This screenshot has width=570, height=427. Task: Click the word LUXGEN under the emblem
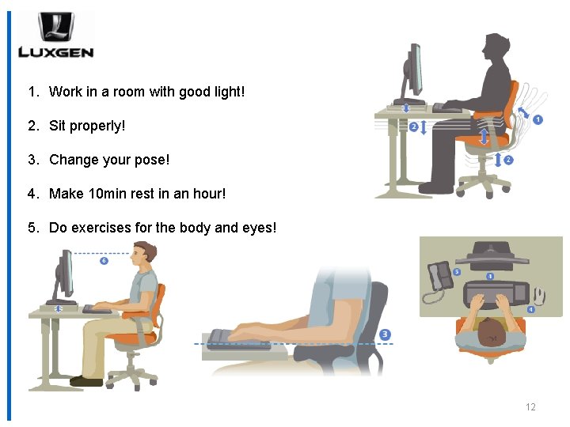pyautogui.click(x=55, y=53)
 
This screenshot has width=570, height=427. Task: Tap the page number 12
pyautogui.click(x=530, y=407)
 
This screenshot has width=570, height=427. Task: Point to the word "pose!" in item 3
pyautogui.click(x=153, y=160)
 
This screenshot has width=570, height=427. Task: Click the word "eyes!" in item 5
pyautogui.click(x=258, y=228)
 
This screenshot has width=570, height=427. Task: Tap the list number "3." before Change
pyautogui.click(x=33, y=160)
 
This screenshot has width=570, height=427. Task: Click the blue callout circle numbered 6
pyautogui.click(x=104, y=260)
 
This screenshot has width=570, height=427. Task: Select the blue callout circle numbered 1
pyautogui.click(x=538, y=120)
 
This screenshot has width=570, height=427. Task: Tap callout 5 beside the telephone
pyautogui.click(x=457, y=272)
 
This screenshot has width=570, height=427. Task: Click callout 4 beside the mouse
pyautogui.click(x=530, y=309)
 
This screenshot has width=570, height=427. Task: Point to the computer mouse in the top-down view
pyautogui.click(x=538, y=295)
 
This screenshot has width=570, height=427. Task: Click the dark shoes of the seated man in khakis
pyautogui.click(x=86, y=381)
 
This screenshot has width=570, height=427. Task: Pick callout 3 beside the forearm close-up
pyautogui.click(x=385, y=334)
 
